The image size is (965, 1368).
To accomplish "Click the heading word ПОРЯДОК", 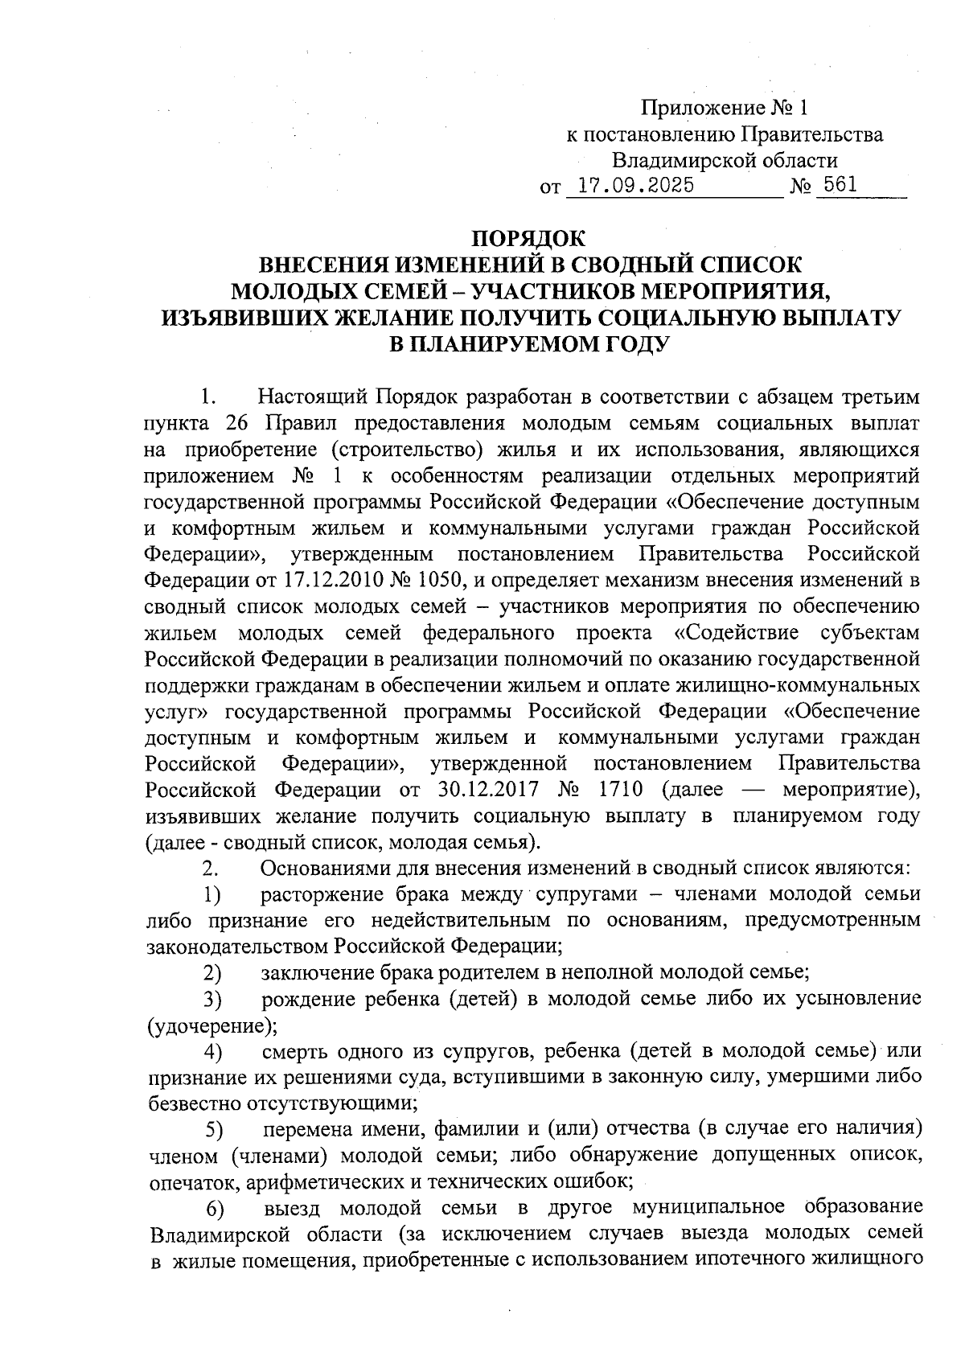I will (528, 239).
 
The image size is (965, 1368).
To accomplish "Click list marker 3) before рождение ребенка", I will (212, 1000).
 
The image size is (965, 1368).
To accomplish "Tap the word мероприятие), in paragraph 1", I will (850, 789).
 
